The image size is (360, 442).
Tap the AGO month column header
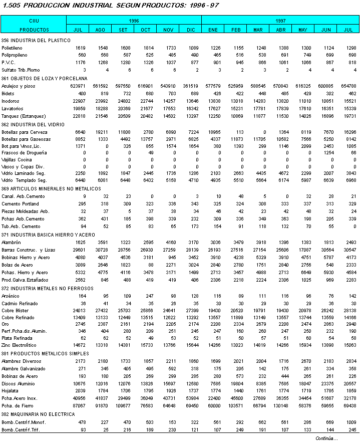point(100,30)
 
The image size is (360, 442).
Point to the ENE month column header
point(213,30)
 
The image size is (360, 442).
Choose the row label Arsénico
point(11,297)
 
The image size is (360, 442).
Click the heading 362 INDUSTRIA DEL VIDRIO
point(32,124)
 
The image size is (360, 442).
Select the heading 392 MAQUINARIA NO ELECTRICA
point(38,414)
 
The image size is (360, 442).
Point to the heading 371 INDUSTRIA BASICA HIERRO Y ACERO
point(48,235)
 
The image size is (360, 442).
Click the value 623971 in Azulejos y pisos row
point(77,86)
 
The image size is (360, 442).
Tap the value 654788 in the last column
point(347,86)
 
